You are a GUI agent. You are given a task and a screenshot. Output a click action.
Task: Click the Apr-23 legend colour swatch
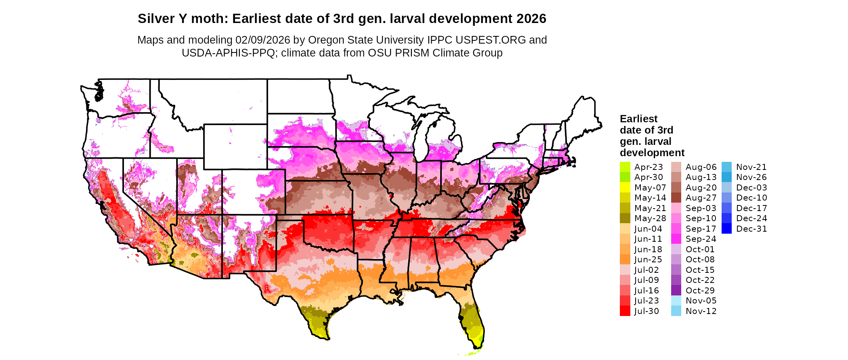[625, 167]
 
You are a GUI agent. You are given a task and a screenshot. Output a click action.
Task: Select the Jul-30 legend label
[646, 311]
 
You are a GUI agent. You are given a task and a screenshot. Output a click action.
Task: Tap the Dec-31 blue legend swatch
[726, 229]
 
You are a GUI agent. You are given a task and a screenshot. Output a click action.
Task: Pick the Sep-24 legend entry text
[701, 239]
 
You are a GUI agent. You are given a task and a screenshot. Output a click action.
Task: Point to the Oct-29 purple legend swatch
[676, 291]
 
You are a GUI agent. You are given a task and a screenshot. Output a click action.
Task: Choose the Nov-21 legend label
[751, 167]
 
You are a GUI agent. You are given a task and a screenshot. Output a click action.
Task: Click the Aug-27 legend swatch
[676, 198]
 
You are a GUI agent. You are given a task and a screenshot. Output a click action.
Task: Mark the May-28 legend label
[650, 218]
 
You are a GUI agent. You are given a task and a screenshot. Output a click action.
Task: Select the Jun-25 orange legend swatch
[625, 260]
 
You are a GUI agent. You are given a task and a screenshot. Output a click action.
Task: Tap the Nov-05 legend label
[701, 301]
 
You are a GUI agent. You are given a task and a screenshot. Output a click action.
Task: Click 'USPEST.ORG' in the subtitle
[491, 40]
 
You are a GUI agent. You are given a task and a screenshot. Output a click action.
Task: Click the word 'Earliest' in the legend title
[638, 119]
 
